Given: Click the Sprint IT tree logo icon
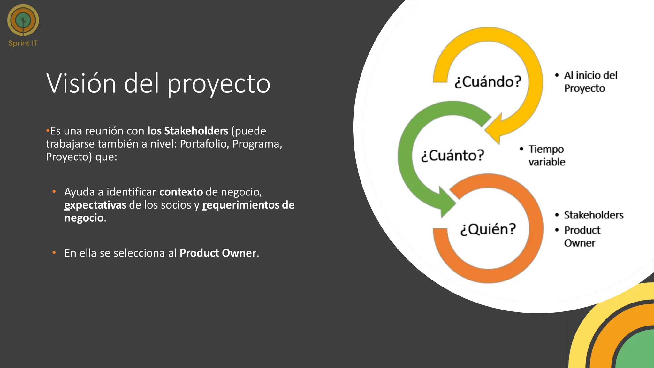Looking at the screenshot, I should coord(23,20).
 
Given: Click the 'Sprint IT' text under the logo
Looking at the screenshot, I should coord(23,43).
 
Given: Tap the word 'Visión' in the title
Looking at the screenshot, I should coord(81,83).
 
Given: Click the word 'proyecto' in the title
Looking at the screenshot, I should coord(219,84).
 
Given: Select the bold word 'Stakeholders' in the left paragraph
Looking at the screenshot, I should coord(196,131).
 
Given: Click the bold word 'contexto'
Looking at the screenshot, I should coord(181,192).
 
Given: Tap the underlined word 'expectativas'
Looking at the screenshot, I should coord(95,205).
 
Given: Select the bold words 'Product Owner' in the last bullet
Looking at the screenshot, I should coord(218,253).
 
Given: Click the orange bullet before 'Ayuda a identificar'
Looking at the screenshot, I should coord(54,192).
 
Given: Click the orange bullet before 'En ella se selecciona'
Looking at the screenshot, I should coord(54,253).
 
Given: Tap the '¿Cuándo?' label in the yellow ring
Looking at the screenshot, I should coord(488,82).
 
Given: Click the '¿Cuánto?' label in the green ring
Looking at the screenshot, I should coord(452,156).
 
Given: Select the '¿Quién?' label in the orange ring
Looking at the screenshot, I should coord(488,229).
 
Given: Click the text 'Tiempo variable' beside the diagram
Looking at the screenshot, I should coord(546,156).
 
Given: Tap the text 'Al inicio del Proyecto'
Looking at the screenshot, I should coord(590,82).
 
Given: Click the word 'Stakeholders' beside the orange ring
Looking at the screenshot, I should coord(593,215).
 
